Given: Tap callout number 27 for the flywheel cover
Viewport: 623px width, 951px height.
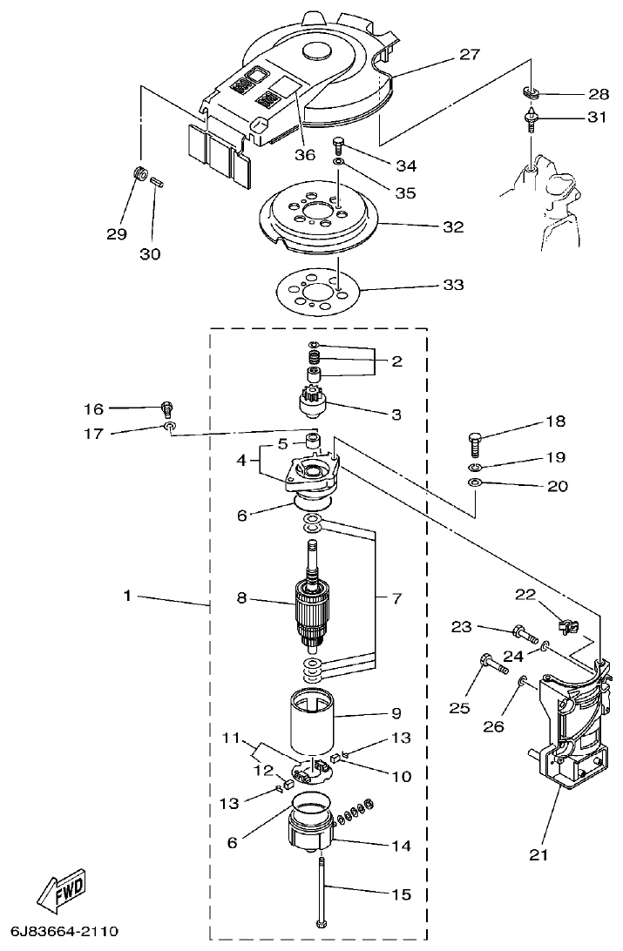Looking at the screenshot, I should [470, 55].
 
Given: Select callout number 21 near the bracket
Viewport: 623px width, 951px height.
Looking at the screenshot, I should [539, 854].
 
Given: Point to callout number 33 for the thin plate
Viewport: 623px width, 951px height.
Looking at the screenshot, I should [452, 285].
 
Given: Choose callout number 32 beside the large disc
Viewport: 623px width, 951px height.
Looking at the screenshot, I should [452, 227].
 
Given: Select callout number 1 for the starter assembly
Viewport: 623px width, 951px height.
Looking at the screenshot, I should [127, 597].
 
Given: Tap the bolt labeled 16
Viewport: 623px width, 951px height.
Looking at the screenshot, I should [166, 408].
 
